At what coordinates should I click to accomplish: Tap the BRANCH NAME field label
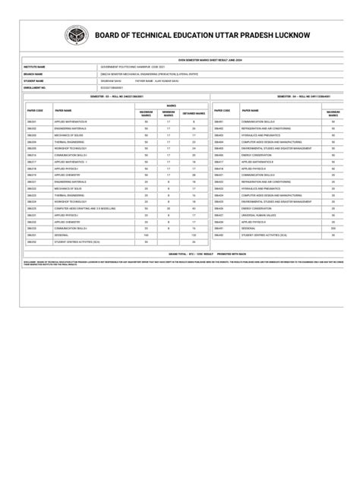click(x=35, y=74)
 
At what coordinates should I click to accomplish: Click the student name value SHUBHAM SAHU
click(x=111, y=80)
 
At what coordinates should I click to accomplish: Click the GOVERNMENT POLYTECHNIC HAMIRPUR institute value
click(x=132, y=67)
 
